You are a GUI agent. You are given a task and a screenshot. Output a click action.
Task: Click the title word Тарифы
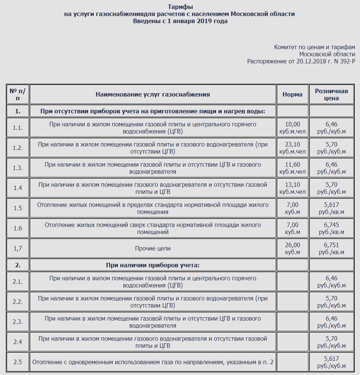tap(180, 7)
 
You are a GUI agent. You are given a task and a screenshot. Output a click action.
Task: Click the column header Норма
tap(292, 94)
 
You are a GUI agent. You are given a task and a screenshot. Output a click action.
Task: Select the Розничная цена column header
tap(331, 94)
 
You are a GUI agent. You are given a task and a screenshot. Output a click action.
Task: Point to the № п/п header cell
tap(17, 94)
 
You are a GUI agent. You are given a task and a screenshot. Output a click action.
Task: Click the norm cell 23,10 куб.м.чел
tap(292, 148)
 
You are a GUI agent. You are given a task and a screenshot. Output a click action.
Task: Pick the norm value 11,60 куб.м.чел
tap(292, 168)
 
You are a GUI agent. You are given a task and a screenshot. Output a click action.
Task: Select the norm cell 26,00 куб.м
tap(292, 248)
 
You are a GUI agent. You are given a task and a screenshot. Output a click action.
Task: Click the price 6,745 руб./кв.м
tap(331, 228)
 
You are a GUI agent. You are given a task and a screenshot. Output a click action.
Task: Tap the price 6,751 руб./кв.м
tap(331, 248)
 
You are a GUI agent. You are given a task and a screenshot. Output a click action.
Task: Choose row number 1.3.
tap(17, 168)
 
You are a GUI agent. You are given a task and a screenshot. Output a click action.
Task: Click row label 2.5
tap(17, 362)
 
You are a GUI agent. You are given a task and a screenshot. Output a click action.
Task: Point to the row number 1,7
tap(17, 248)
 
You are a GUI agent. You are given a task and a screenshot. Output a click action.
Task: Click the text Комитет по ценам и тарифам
tap(314, 47)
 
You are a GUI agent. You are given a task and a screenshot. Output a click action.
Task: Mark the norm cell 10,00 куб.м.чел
tap(292, 128)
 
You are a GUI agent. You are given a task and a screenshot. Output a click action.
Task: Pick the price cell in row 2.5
tap(331, 362)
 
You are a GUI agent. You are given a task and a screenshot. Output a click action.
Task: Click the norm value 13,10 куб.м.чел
tap(292, 188)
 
